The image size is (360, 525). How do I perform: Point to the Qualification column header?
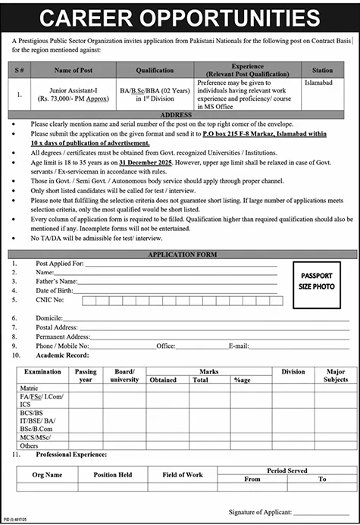tap(155, 70)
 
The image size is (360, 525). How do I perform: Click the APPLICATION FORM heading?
tap(180, 255)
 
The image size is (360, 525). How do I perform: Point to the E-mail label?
tap(239, 345)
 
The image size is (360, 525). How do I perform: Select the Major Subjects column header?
tap(335, 375)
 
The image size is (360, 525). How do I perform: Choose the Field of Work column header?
tap(182, 474)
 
